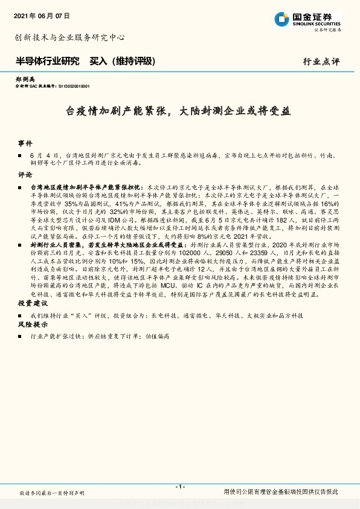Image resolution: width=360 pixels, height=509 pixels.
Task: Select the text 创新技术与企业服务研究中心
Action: click(x=69, y=37)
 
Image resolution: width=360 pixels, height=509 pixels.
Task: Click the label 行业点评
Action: click(x=321, y=62)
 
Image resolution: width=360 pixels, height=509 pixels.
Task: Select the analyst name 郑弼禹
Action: click(x=25, y=80)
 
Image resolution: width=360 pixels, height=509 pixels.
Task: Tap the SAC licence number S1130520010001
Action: click(x=73, y=86)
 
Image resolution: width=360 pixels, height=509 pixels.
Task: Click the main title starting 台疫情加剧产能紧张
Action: click(x=178, y=111)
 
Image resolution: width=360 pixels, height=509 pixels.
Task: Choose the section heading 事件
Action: click(x=25, y=144)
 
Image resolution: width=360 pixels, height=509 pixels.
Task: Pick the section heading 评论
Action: click(x=25, y=174)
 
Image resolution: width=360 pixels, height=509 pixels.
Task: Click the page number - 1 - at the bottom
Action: click(x=179, y=486)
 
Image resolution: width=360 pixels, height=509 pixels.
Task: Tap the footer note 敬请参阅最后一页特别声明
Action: click(x=53, y=493)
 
